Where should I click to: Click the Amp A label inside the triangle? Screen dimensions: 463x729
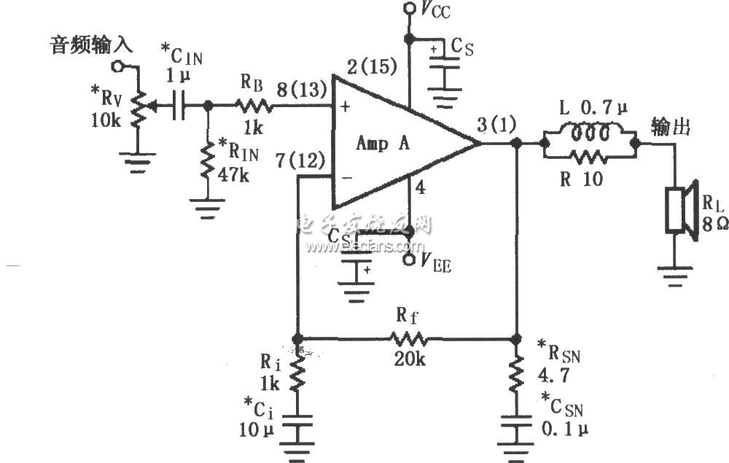tap(382, 144)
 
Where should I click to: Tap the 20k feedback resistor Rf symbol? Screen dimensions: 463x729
tap(408, 339)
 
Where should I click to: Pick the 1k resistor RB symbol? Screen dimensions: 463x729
tap(253, 106)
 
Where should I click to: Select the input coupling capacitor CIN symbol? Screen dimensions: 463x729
tap(179, 106)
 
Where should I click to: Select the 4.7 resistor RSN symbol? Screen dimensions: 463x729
tap(517, 372)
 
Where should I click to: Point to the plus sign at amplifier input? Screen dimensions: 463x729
tap(345, 107)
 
